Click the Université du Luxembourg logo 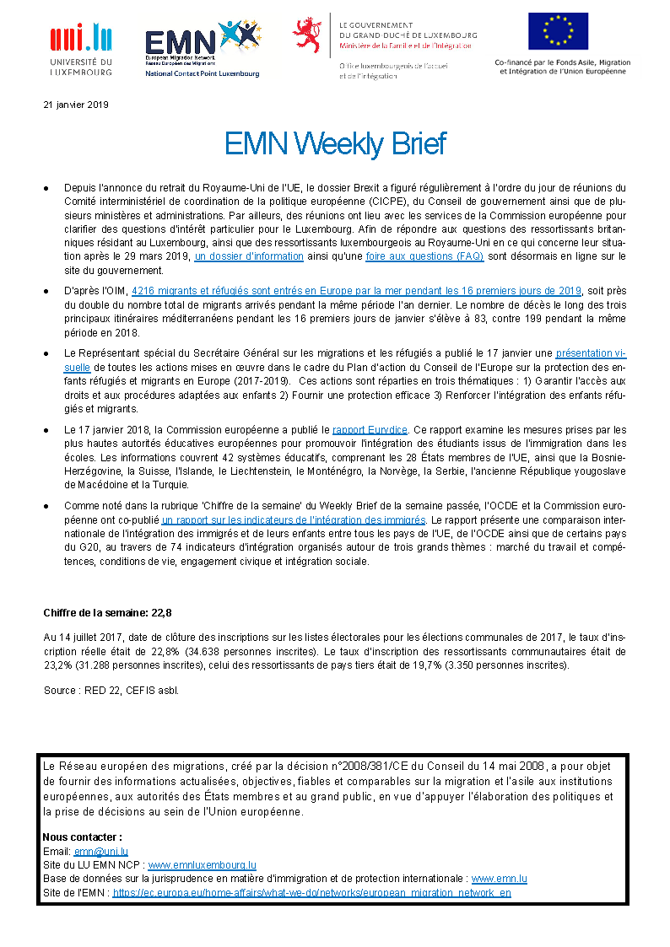tap(81, 48)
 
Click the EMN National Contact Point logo tap(203, 48)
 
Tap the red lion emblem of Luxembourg tap(307, 35)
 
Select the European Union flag tap(558, 31)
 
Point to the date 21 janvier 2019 tap(76, 105)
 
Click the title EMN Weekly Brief tap(335, 144)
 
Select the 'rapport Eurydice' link tap(370, 429)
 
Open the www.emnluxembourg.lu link tap(203, 864)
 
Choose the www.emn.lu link tap(499, 878)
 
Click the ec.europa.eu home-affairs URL tap(311, 891)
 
